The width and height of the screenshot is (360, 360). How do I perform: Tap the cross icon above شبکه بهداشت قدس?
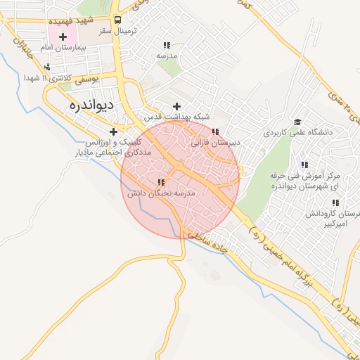coord(176,105)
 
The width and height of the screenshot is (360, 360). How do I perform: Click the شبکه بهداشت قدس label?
coord(176,117)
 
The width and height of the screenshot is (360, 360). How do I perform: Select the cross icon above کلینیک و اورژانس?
coord(113,131)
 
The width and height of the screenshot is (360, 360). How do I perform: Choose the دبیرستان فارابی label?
coord(215,142)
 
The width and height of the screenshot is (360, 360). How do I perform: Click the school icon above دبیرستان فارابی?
coord(216,131)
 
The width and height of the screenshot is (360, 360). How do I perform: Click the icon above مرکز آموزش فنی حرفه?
coord(304,164)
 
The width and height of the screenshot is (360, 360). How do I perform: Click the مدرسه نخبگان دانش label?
coord(161,192)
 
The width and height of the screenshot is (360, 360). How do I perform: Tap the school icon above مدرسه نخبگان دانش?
coord(161,182)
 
